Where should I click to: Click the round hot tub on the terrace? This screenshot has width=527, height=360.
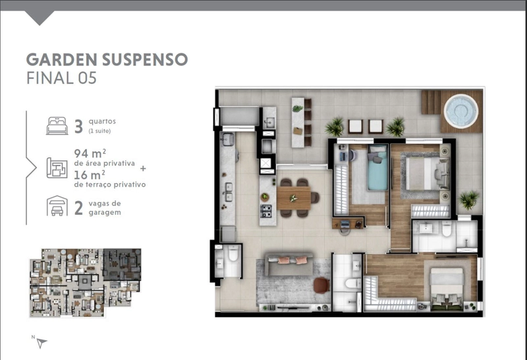pos(460,111)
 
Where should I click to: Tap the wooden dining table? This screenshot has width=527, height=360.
pos(294,198)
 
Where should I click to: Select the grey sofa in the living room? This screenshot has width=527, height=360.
pos(289,264)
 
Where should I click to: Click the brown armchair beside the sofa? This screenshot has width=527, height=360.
pos(322,285)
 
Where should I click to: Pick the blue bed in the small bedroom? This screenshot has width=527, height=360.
pos(377,167)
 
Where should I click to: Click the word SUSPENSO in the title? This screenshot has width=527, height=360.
pos(145,59)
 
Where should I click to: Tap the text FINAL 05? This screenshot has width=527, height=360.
pos(61,78)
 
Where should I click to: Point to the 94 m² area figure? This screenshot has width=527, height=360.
pos(90,154)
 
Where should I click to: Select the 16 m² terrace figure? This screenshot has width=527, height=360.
pos(89,175)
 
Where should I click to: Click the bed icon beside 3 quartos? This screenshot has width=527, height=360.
pos(57,126)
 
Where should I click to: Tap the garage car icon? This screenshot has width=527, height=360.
pos(57,206)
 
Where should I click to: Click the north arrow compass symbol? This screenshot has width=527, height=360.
pos(41,343)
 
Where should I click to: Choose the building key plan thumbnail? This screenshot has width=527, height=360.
pos(86,283)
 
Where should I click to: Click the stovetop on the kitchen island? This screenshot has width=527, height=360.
pos(266,210)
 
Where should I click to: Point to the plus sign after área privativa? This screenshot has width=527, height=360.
pos(143,168)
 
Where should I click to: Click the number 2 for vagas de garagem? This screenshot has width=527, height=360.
pos(78,208)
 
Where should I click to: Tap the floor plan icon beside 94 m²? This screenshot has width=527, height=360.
pos(57,167)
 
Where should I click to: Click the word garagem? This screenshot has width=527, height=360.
pos(105,212)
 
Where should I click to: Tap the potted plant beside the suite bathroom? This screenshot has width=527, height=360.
pos(468,199)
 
